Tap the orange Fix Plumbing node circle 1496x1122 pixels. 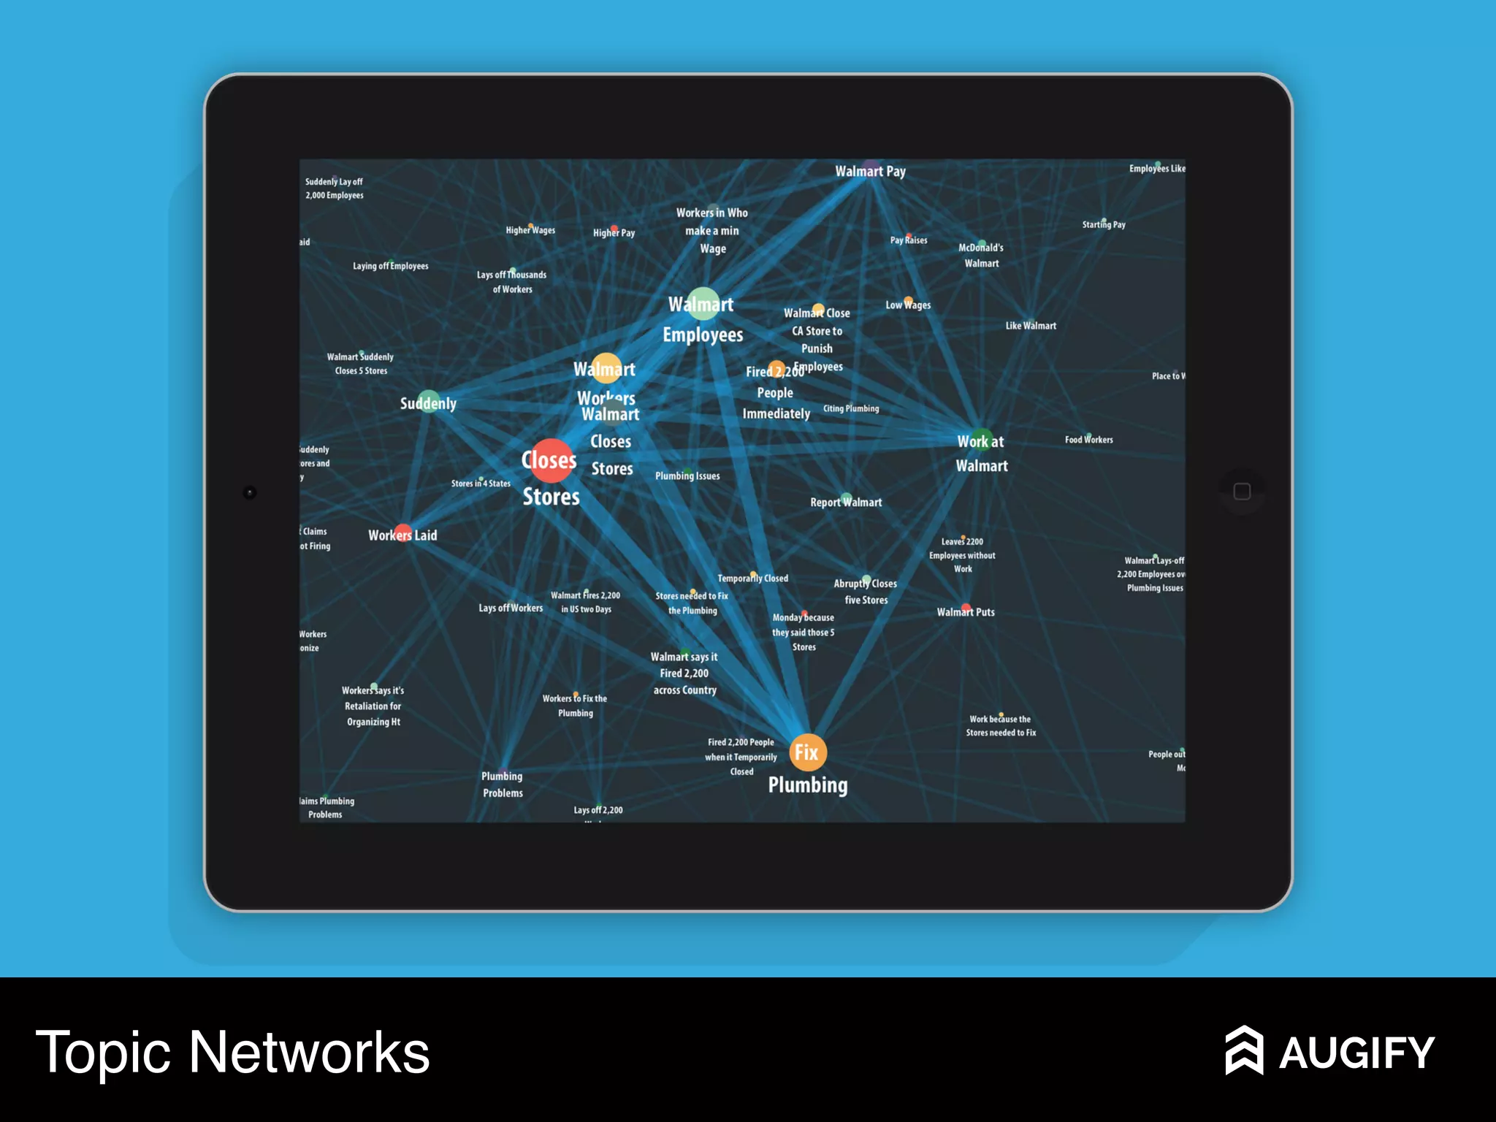[807, 752]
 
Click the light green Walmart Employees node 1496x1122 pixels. [702, 303]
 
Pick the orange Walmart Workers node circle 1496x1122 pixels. [606, 368]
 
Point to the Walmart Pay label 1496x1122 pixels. [870, 172]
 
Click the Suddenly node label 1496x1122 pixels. [428, 403]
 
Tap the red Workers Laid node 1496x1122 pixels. [402, 533]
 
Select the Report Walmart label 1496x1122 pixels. [846, 503]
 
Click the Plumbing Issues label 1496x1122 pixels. [687, 476]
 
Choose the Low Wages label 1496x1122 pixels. [908, 305]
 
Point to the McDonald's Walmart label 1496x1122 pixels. [981, 256]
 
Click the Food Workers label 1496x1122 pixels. [1088, 440]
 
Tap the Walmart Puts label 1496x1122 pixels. [966, 612]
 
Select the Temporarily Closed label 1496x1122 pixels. [752, 579]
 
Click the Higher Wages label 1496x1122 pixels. [530, 230]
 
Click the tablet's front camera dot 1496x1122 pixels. [250, 492]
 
